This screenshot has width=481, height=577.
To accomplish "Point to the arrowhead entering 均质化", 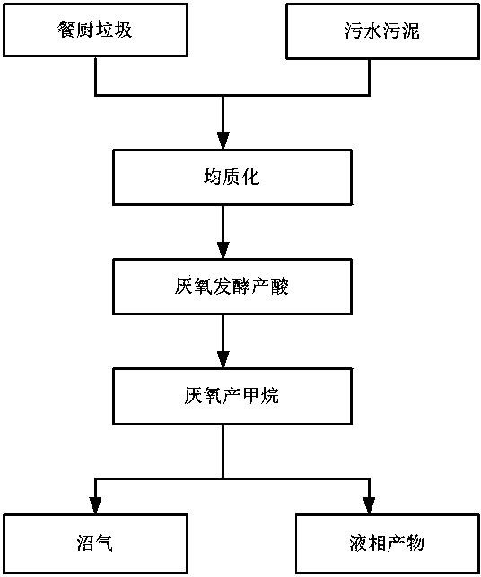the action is (x=223, y=141).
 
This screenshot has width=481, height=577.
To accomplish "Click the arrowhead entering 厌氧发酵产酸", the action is (x=223, y=251).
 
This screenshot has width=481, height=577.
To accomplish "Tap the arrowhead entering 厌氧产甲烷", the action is (x=223, y=360).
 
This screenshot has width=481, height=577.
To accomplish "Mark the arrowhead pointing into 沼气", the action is (x=95, y=505).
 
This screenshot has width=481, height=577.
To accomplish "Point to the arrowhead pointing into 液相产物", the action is (x=369, y=505).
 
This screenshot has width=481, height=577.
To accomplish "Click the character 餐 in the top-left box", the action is (x=66, y=30).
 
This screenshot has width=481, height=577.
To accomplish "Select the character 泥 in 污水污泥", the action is (x=410, y=30).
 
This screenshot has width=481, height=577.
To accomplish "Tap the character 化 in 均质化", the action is (x=250, y=177).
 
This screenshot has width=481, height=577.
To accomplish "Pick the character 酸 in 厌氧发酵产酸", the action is (x=280, y=287).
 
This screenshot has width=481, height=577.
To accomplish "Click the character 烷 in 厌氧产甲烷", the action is (x=270, y=396).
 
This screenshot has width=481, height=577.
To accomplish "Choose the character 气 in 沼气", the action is (x=104, y=543).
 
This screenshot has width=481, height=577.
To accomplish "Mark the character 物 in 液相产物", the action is (x=415, y=543).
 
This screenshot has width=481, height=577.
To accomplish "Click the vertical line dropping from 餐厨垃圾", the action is (x=95, y=76).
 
